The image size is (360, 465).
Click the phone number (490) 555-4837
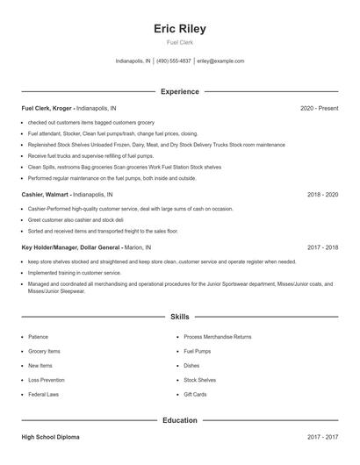(x=174, y=61)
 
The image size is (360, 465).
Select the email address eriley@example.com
(x=220, y=61)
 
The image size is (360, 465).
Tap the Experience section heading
(x=180, y=91)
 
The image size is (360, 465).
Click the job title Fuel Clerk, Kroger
(x=47, y=108)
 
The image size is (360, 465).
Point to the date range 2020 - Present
(x=319, y=108)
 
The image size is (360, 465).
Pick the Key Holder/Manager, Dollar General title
(x=72, y=247)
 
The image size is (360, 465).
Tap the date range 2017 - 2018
(x=322, y=247)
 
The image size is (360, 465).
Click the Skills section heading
(x=180, y=316)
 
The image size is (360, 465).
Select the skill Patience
(x=38, y=336)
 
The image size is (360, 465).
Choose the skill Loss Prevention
(x=46, y=380)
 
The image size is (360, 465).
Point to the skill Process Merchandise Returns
(x=217, y=336)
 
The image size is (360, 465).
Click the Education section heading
(x=180, y=420)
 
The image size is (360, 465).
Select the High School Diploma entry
(x=52, y=437)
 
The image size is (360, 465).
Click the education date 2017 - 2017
(x=322, y=437)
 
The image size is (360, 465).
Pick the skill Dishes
(x=191, y=365)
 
